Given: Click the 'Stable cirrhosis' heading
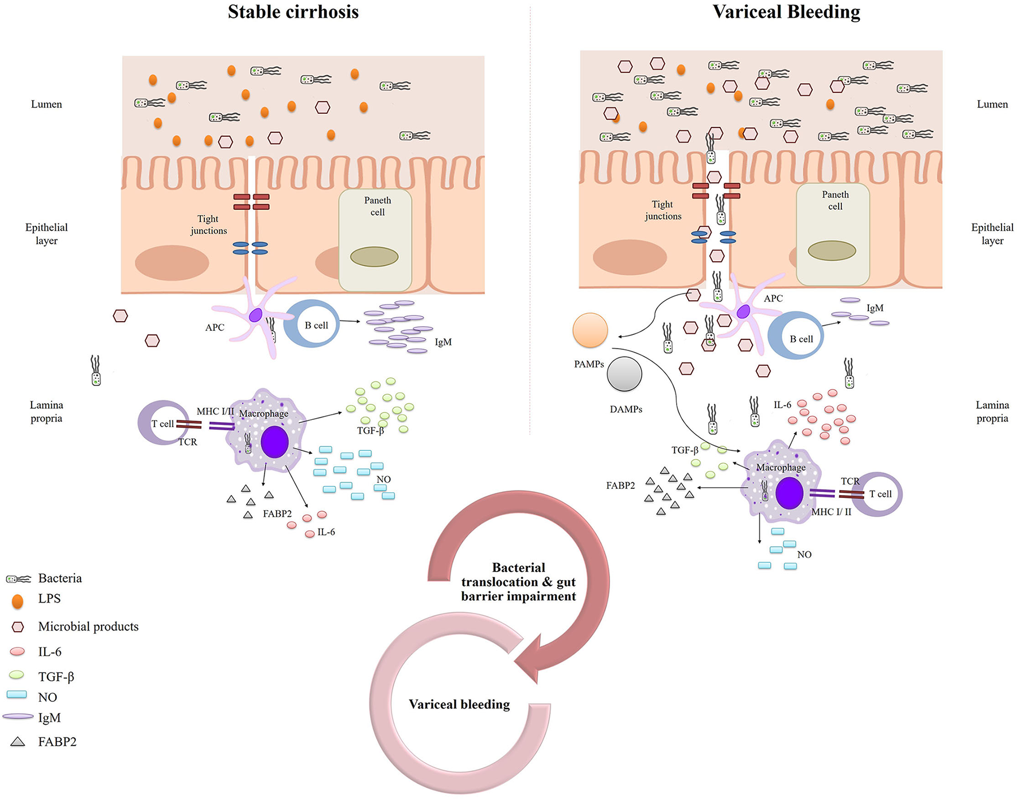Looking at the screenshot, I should point(293,12).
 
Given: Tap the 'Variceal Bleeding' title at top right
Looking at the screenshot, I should point(786,12).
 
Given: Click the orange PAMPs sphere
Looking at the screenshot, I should point(590,330).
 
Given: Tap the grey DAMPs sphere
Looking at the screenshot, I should point(624,374).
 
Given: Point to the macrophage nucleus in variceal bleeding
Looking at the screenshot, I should point(789,493).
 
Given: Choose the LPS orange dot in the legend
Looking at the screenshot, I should point(18,601).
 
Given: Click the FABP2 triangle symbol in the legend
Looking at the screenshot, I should point(18,742).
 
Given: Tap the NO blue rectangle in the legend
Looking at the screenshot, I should point(17,694).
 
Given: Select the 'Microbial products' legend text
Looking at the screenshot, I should point(88,627).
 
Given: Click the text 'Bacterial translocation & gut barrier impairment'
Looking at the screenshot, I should point(518,582).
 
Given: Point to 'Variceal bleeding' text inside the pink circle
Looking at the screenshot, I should point(459,704).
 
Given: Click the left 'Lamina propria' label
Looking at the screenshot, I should point(46,411).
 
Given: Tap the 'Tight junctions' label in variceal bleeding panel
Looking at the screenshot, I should point(663,210).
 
